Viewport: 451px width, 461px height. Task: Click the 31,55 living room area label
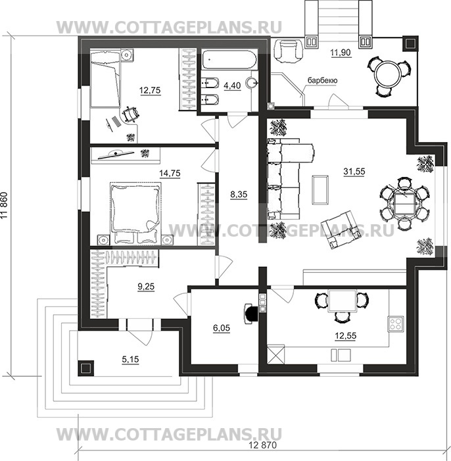[354, 171]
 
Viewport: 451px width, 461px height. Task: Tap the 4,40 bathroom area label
[232, 85]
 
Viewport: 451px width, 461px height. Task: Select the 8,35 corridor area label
[239, 194]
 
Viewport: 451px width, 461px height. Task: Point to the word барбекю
[322, 80]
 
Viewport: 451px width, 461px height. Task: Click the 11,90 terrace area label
[341, 53]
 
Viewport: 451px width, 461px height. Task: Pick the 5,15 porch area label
[130, 359]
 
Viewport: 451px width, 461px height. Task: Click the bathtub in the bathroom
[229, 60]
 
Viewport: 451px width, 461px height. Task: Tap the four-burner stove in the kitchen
[395, 324]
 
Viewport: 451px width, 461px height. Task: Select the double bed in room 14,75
[135, 214]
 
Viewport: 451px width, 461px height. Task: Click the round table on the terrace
[388, 74]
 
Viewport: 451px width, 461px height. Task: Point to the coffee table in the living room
[320, 189]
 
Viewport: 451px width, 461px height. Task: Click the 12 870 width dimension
[262, 445]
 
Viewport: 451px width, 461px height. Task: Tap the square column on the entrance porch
[85, 368]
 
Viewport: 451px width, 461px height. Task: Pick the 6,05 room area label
[222, 328]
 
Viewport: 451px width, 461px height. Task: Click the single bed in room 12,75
[105, 79]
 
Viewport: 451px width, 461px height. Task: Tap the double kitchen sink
[341, 355]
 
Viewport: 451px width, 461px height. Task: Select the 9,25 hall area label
[146, 286]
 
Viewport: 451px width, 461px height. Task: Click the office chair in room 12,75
[130, 114]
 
